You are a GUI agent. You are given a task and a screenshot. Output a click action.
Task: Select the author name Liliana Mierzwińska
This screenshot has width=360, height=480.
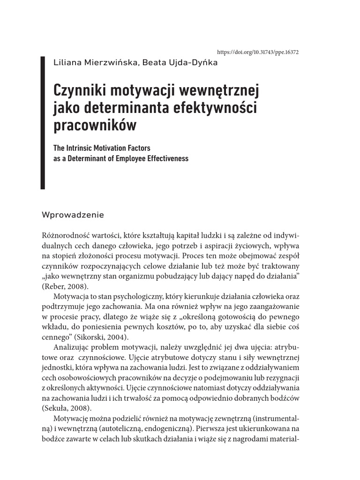click(x=93, y=63)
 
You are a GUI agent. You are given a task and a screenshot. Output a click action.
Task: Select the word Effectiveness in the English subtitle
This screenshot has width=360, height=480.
click(x=164, y=158)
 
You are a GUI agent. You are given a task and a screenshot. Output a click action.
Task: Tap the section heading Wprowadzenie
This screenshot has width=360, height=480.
click(x=73, y=215)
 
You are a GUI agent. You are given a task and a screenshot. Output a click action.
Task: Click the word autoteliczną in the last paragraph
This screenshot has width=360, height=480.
click(x=114, y=429)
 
